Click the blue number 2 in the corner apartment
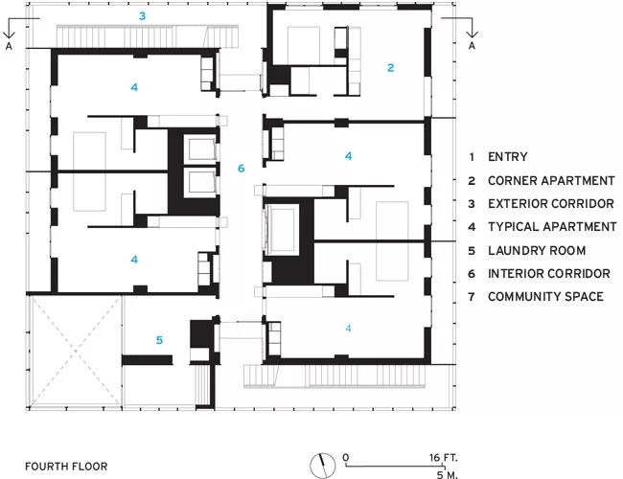pos(390,68)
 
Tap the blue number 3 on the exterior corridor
pos(142,16)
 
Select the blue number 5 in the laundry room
pos(159,340)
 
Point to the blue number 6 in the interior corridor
pos(242,169)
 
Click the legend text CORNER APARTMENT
pos(551,181)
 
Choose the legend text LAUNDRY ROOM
pos(537,251)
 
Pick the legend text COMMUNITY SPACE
pos(545,297)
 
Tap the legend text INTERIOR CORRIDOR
pos(548,274)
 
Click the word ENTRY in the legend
pos(508,157)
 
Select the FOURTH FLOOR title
pos(66,467)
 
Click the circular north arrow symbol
pos(323,466)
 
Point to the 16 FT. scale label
pos(444,458)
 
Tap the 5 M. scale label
pos(448,474)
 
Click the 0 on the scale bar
pos(346,458)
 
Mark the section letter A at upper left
pos(9,46)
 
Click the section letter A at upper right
pos(472,46)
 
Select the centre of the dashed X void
pos(76,352)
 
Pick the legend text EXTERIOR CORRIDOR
pos(551,204)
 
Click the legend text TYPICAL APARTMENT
pos(552,227)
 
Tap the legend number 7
pos(472,297)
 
